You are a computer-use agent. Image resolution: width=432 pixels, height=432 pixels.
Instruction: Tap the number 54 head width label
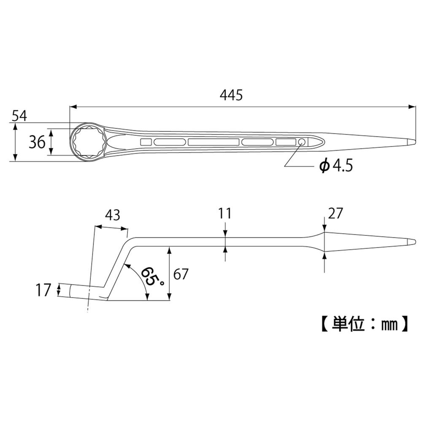click(19, 116)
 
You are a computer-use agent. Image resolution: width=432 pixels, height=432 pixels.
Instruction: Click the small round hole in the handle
click(302, 142)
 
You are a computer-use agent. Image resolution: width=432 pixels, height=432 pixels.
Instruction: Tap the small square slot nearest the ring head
click(146, 142)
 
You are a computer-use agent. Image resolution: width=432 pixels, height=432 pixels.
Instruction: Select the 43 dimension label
click(112, 215)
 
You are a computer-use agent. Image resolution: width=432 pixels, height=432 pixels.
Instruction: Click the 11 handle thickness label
click(225, 213)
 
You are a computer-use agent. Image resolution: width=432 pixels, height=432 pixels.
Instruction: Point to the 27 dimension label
click(335, 213)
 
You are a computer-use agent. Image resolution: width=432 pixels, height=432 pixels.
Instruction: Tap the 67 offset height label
click(181, 275)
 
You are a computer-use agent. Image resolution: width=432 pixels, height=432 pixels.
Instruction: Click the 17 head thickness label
click(43, 290)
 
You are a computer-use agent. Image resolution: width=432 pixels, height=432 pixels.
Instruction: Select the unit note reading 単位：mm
click(364, 324)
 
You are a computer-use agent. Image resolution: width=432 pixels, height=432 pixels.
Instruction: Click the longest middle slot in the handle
click(213, 142)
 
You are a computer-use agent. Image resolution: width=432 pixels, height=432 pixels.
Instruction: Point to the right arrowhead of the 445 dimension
click(413, 107)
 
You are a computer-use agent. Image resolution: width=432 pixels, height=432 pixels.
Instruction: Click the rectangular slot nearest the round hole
click(286, 142)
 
